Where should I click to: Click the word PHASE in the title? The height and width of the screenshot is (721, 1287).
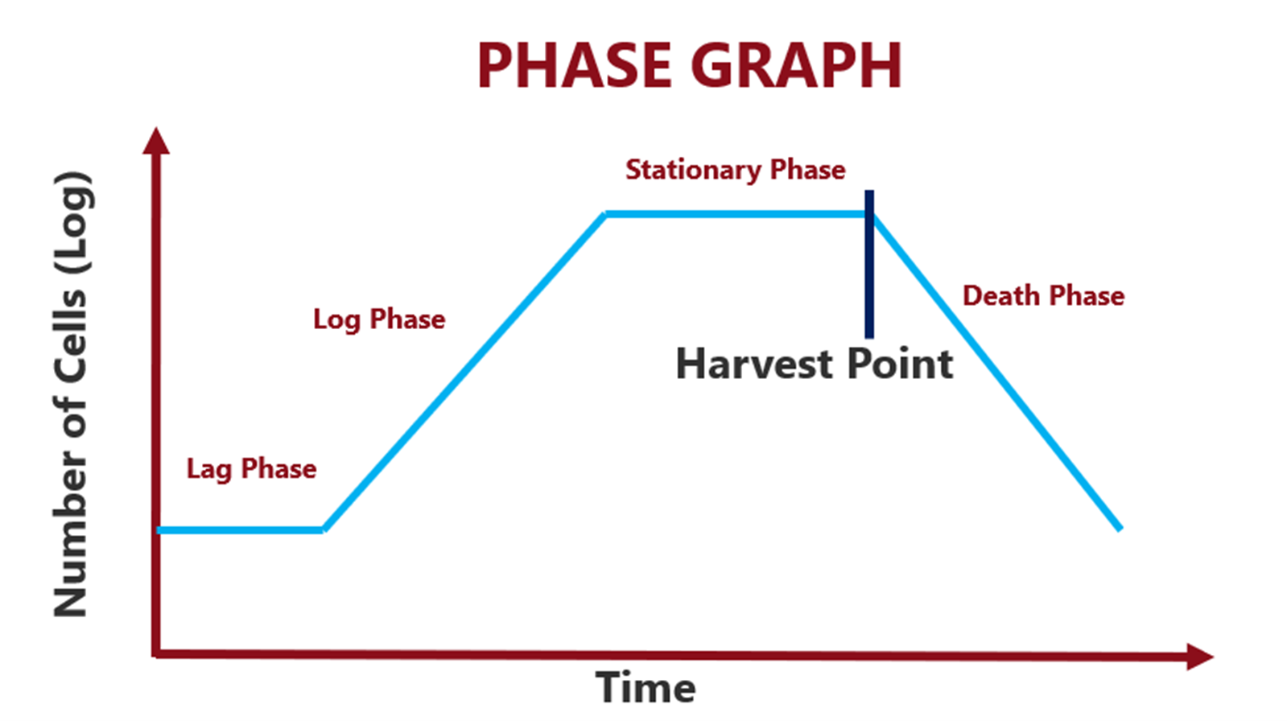575,65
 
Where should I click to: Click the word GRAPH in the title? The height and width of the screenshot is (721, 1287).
796,65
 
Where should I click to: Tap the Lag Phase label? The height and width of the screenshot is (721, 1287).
252,470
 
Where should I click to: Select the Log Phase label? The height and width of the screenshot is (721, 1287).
379,320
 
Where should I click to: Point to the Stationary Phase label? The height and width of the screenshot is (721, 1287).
736,170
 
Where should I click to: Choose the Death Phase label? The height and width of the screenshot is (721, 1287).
1043,296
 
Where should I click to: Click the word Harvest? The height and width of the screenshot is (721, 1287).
754,364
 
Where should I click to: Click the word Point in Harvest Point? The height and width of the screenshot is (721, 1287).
901,364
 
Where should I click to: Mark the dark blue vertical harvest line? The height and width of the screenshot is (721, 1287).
869,264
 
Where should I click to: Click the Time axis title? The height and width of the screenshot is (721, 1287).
646,687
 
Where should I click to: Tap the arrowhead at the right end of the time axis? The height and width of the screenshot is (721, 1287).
1199,657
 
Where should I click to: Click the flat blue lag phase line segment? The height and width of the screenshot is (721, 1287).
241,529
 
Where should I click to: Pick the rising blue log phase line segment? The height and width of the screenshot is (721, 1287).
464,372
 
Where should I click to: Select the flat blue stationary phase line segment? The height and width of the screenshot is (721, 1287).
737,214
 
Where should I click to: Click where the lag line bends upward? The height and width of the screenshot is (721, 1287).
324,529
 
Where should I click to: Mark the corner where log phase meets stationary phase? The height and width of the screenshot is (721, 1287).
605,214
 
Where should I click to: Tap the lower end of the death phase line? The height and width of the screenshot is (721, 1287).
1120,529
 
